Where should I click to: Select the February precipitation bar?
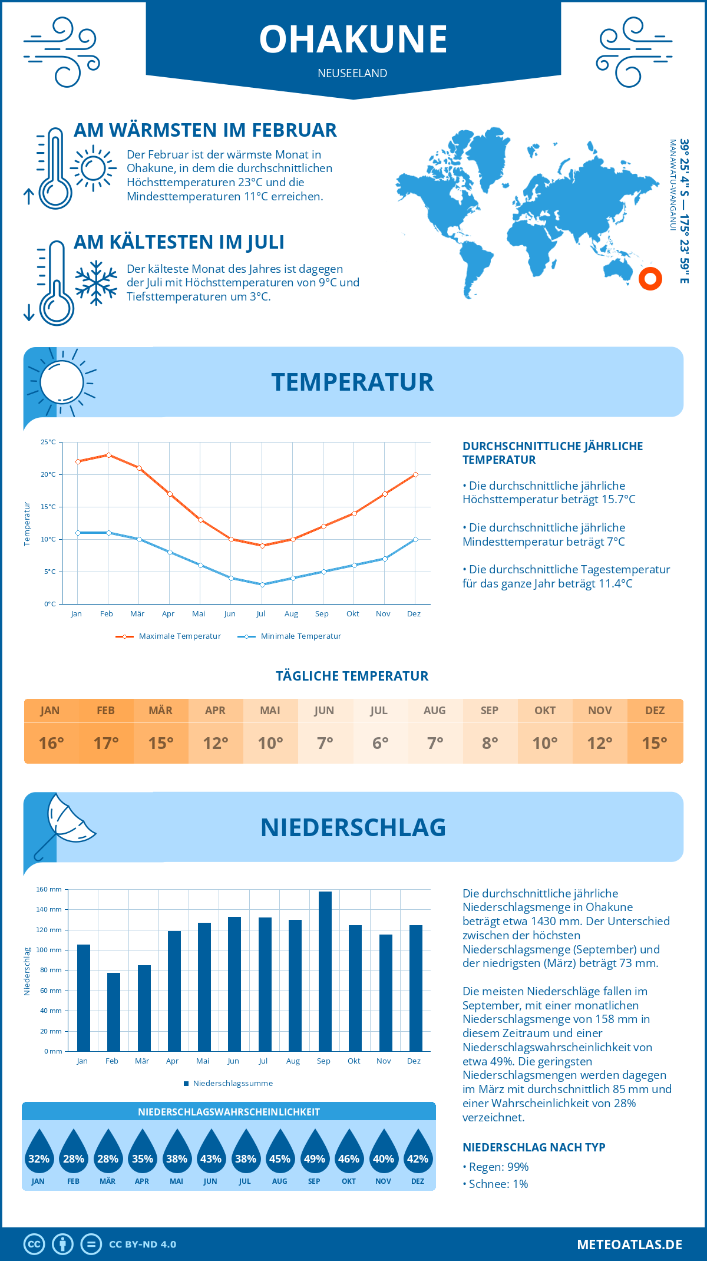tap(114, 1012)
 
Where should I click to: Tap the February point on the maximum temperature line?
tap(108, 455)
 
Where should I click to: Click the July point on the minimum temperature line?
tap(262, 585)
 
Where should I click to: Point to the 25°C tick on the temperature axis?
tap(48, 442)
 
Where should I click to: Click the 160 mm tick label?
tap(49, 889)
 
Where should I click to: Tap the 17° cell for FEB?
tap(106, 743)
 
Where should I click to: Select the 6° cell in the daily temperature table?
tap(380, 743)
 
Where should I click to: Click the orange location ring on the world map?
tap(650, 279)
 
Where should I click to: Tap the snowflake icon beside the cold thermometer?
tap(96, 283)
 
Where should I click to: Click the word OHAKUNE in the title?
tap(353, 39)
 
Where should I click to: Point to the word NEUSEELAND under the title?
tap(352, 73)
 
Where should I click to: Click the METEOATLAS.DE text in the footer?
tap(629, 1244)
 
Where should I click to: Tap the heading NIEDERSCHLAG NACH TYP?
tap(534, 1147)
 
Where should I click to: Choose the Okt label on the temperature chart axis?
tap(352, 613)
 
